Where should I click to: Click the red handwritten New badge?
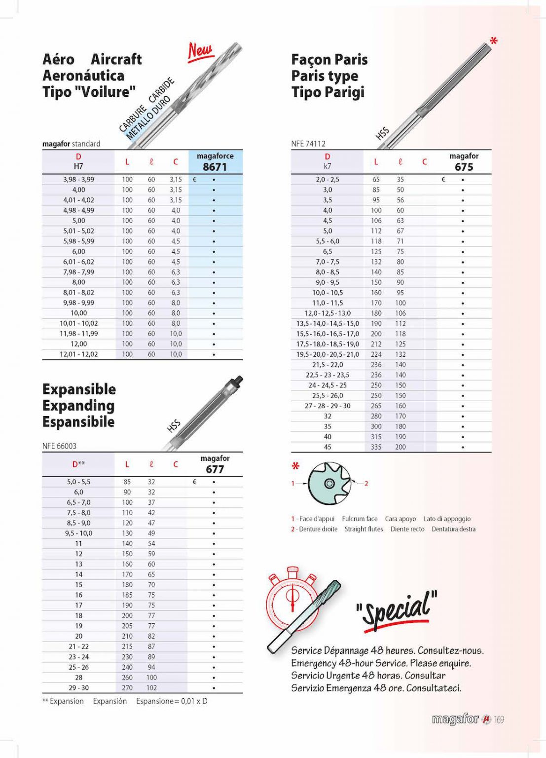pyautogui.click(x=200, y=51)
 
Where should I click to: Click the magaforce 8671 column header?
pyautogui.click(x=215, y=162)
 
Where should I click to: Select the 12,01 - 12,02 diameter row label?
pyautogui.click(x=78, y=354)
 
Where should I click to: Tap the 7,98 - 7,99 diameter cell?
pyautogui.click(x=78, y=272)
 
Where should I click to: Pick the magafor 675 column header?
pyautogui.click(x=464, y=162)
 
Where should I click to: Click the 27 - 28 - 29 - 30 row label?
pyautogui.click(x=328, y=406)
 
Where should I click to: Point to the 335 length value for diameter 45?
pyautogui.click(x=376, y=447)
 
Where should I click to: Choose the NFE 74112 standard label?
pyautogui.click(x=308, y=144)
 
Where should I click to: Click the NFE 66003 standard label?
pyautogui.click(x=59, y=446)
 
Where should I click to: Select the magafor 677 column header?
pyautogui.click(x=215, y=464)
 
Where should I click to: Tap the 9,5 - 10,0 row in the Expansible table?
pyautogui.click(x=78, y=533)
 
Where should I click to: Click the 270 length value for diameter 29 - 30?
pyautogui.click(x=127, y=688)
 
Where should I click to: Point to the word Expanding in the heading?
pyautogui.click(x=78, y=406)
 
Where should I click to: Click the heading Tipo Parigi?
pyautogui.click(x=328, y=92)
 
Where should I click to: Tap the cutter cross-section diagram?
pyautogui.click(x=329, y=483)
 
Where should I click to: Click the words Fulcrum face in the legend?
pyautogui.click(x=360, y=519)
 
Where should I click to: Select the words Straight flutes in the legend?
pyautogui.click(x=364, y=529)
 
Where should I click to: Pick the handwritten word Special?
pyautogui.click(x=397, y=609)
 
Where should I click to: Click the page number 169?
pyautogui.click(x=499, y=720)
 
